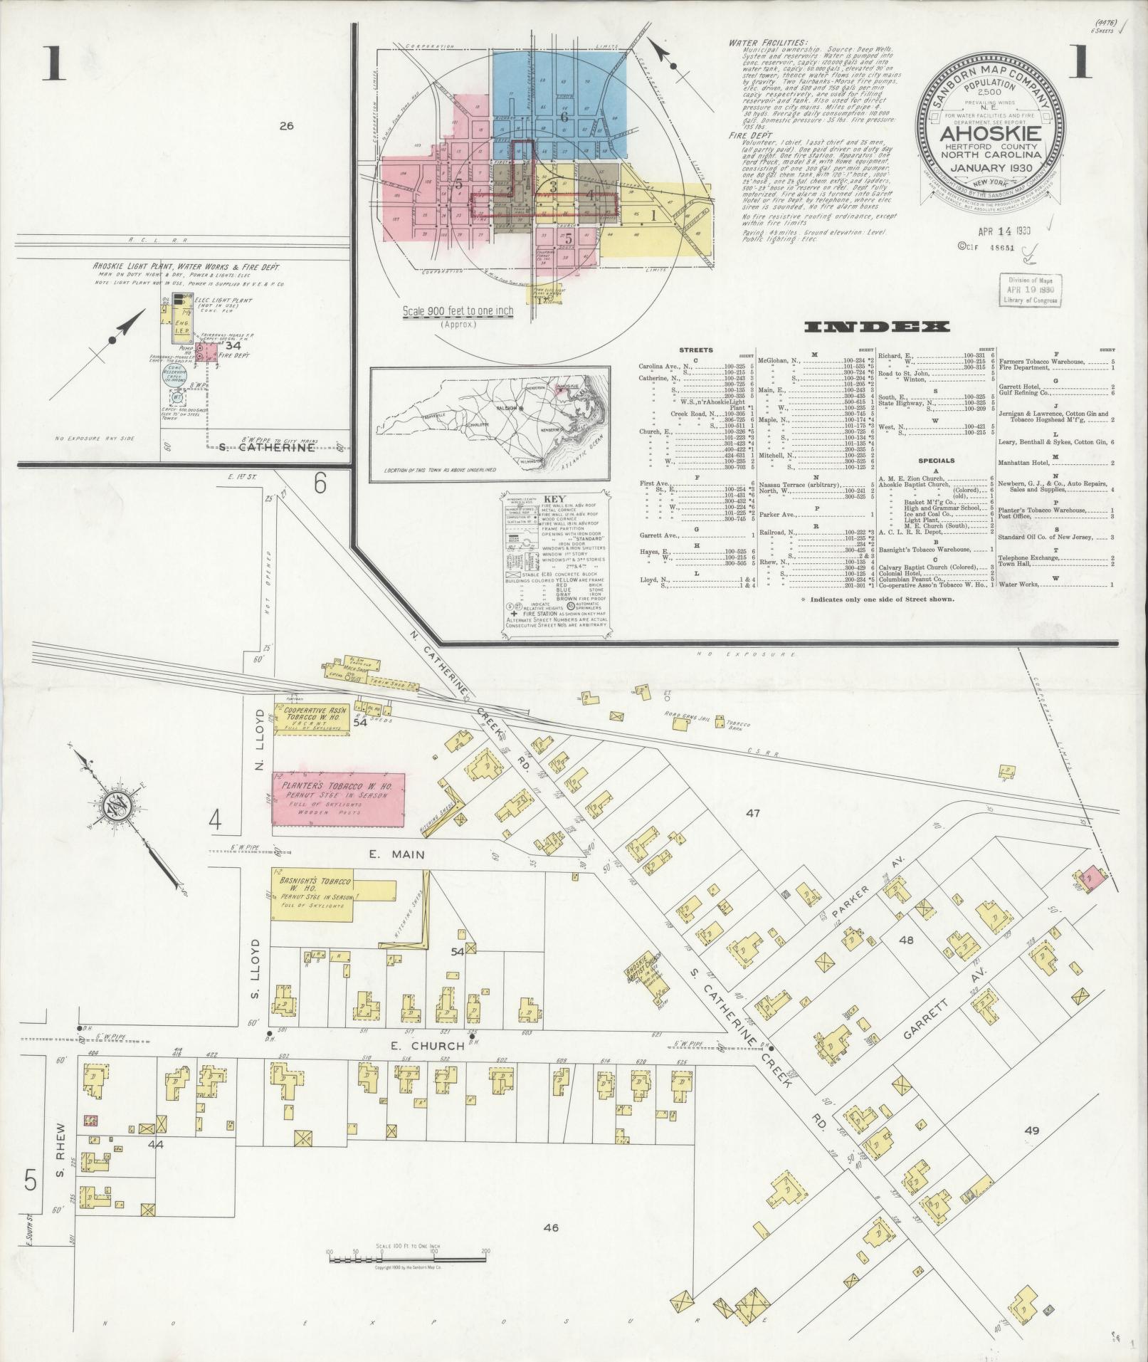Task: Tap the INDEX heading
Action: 877,327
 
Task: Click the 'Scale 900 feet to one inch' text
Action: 458,311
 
